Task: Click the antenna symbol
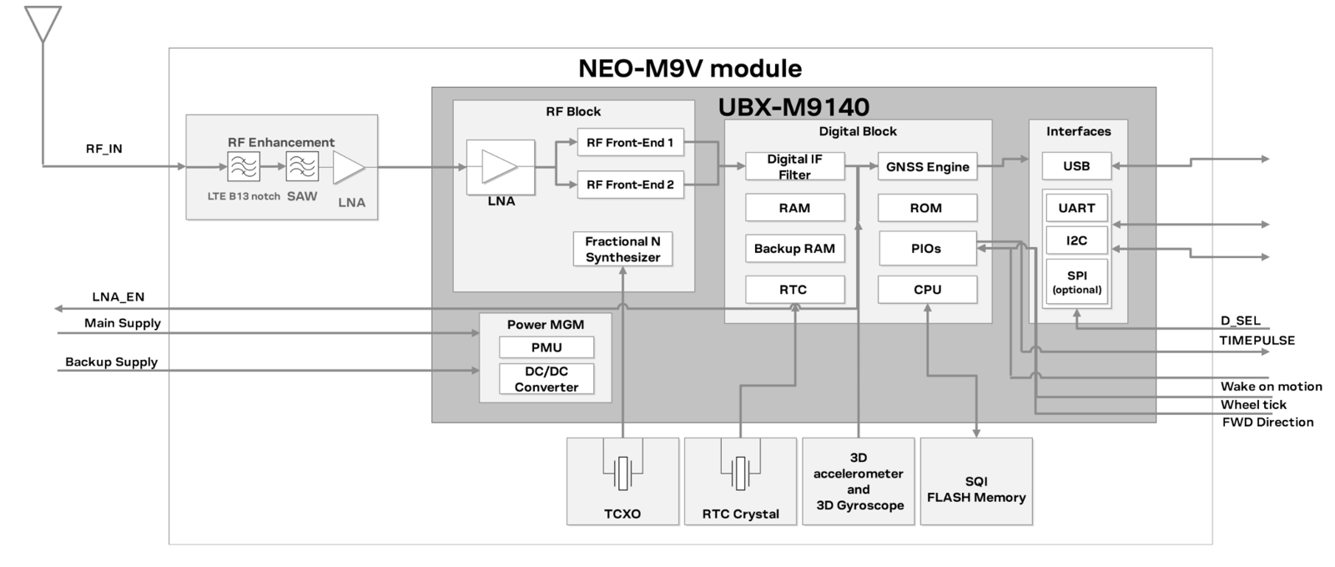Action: click(43, 24)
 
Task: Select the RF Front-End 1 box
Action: click(630, 143)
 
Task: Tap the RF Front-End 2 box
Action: click(630, 185)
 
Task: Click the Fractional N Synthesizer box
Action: click(622, 249)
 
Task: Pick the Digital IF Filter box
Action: click(794, 166)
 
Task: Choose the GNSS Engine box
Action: click(927, 166)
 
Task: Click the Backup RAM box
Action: click(794, 249)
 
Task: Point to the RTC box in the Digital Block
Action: click(794, 289)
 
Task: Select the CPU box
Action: click(927, 289)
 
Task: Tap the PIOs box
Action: click(927, 249)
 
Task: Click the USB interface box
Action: click(1076, 166)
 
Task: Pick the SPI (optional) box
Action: click(1076, 282)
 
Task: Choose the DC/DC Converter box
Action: click(547, 379)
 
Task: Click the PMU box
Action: click(547, 347)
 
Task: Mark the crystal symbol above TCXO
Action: click(622, 473)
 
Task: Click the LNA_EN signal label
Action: click(118, 297)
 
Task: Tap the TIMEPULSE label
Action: click(1257, 341)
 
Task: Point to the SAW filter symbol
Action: click(302, 166)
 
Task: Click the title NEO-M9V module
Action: click(690, 68)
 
